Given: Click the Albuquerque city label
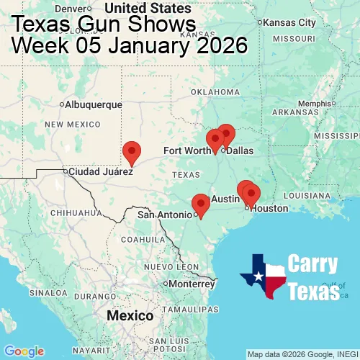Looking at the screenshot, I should [94, 104].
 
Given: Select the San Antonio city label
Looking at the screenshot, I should [165, 215].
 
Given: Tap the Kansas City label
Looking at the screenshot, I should [290, 22].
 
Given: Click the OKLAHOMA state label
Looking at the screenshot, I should [215, 92].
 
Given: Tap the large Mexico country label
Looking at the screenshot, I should [130, 316].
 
